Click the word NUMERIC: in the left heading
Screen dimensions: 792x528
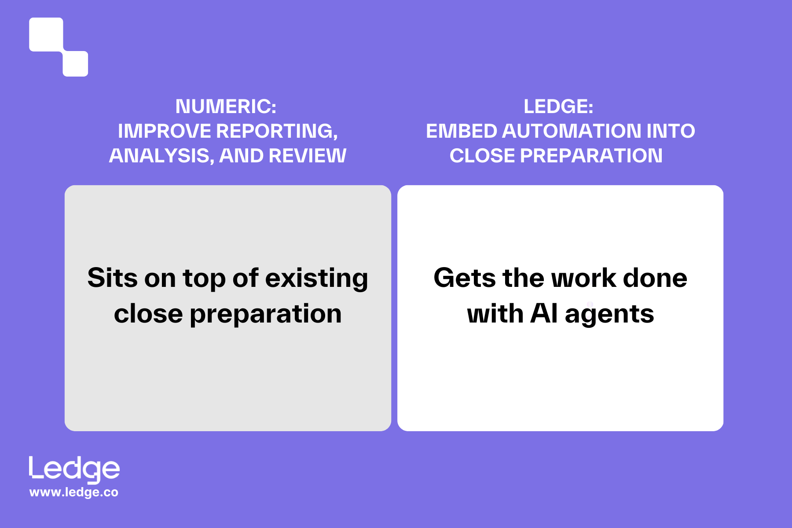tap(226, 106)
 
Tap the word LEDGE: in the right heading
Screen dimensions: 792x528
tap(558, 106)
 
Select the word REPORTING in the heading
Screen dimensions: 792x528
tap(277, 131)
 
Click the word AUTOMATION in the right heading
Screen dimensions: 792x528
tap(571, 131)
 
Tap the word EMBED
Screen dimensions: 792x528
tap(462, 131)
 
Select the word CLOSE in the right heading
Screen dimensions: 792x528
tap(482, 156)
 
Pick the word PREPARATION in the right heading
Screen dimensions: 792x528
tap(591, 156)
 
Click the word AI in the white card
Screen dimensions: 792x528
tap(544, 314)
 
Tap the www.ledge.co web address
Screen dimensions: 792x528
tap(74, 492)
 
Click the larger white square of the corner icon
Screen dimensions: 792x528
tap(46, 34)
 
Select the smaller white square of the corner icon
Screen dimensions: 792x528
tap(75, 64)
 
